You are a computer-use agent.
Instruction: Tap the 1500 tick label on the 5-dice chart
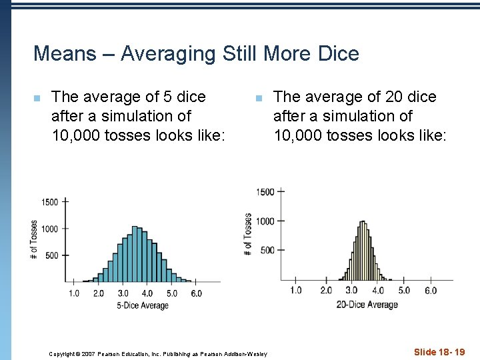click(50, 202)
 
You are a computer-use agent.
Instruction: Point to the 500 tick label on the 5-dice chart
click(51, 255)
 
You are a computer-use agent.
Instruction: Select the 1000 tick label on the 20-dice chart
click(265, 221)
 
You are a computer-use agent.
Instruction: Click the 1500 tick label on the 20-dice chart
click(265, 192)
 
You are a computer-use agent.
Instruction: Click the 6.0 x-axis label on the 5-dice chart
click(195, 293)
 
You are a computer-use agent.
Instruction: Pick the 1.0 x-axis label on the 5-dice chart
click(73, 293)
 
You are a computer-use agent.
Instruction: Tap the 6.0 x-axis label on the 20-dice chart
click(430, 291)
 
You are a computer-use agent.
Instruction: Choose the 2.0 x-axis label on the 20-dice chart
click(325, 291)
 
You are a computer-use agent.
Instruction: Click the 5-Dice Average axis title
click(143, 306)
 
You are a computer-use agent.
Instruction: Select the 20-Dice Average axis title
click(367, 305)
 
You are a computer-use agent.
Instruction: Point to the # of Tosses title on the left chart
click(34, 240)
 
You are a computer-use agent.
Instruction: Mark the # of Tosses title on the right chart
click(248, 234)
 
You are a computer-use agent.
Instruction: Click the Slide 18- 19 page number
click(439, 352)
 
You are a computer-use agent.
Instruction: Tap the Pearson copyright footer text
click(158, 353)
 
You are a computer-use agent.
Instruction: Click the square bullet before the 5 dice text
click(37, 99)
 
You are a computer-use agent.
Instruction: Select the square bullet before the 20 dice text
click(259, 99)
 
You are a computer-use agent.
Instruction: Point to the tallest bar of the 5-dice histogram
click(135, 253)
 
